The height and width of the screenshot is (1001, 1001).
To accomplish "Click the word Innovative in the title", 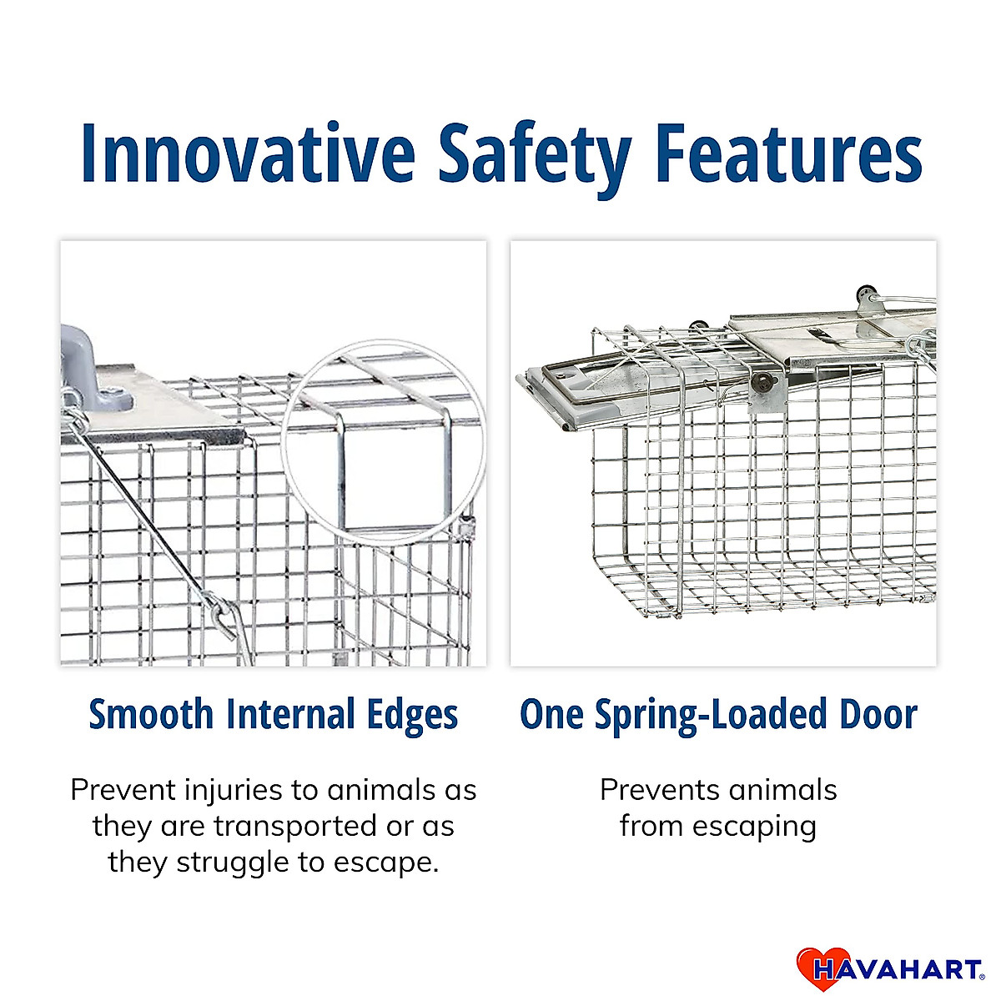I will click(x=247, y=153).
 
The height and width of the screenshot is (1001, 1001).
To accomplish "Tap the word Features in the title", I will click(x=787, y=153).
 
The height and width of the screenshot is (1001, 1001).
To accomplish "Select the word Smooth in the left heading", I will click(x=151, y=715).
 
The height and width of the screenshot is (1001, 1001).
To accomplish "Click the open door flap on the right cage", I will click(x=576, y=392).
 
